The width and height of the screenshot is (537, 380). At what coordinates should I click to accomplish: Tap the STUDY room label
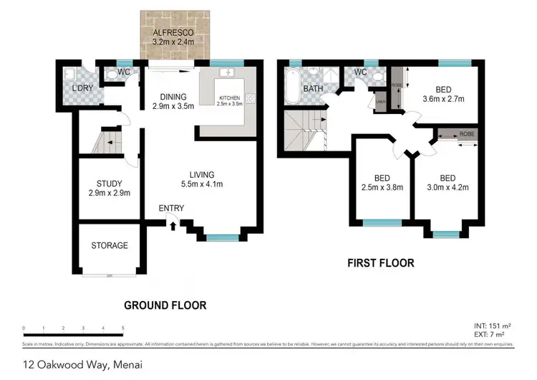(110, 183)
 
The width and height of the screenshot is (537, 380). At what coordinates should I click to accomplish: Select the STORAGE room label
(110, 245)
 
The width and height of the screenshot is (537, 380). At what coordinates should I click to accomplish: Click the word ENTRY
(172, 209)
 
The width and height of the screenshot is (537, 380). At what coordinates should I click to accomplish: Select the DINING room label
(169, 97)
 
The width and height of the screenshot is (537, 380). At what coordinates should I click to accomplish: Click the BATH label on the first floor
(313, 89)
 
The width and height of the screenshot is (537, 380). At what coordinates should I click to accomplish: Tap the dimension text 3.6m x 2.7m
(444, 99)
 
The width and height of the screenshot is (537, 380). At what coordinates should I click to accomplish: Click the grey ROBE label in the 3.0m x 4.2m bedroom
(467, 134)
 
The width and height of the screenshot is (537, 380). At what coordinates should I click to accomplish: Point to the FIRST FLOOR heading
(381, 263)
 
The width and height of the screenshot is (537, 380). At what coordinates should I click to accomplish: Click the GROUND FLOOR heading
(165, 305)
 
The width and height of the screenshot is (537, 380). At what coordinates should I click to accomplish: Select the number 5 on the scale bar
(123, 328)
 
